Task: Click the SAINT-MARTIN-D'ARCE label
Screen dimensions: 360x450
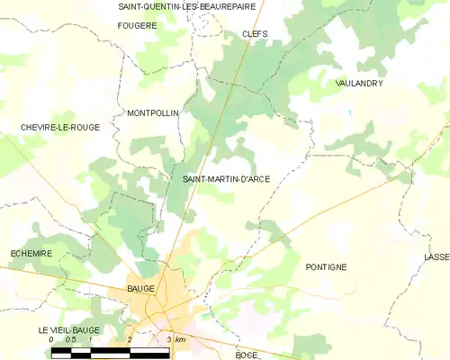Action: [226, 178]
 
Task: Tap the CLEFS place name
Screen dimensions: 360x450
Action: [255, 34]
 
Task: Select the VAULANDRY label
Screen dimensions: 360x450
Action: [359, 83]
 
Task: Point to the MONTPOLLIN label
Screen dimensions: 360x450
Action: [153, 113]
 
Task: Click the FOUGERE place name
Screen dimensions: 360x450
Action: [137, 25]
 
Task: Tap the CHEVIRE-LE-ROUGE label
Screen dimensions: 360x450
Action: [60, 128]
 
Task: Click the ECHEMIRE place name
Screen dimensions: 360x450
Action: [31, 254]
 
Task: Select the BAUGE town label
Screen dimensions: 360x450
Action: [141, 288]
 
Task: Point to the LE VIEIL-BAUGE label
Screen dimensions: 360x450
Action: [68, 331]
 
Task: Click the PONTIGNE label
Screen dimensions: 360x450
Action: [326, 267]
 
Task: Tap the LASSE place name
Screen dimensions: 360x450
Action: [436, 257]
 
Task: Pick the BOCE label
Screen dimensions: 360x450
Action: [247, 355]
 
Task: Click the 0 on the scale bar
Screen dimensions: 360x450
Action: [52, 339]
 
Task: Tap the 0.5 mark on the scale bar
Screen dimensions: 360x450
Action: [71, 339]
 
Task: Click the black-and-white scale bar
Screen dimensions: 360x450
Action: [110, 350]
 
